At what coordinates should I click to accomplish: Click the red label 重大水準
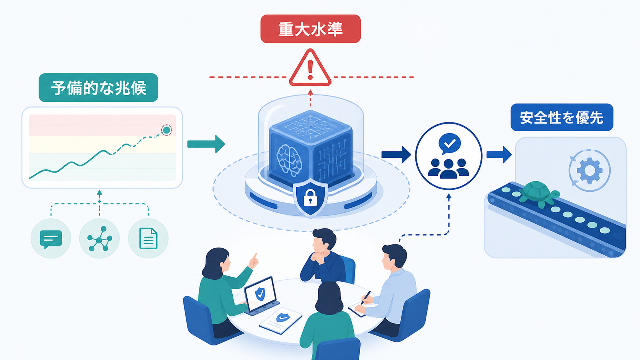(310, 29)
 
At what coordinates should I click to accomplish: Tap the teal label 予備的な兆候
(98, 88)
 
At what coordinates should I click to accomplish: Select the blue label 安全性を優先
(562, 117)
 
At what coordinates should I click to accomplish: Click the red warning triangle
(310, 68)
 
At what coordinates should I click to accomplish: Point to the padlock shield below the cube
(310, 197)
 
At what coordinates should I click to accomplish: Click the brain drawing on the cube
(289, 160)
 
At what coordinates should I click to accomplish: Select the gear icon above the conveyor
(590, 171)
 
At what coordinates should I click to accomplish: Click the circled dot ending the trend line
(166, 130)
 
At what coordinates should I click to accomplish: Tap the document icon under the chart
(148, 238)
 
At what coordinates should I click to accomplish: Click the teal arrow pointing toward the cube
(206, 144)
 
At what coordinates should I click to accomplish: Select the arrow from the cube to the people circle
(396, 155)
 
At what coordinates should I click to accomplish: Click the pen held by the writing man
(366, 298)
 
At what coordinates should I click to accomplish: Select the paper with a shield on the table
(281, 321)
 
